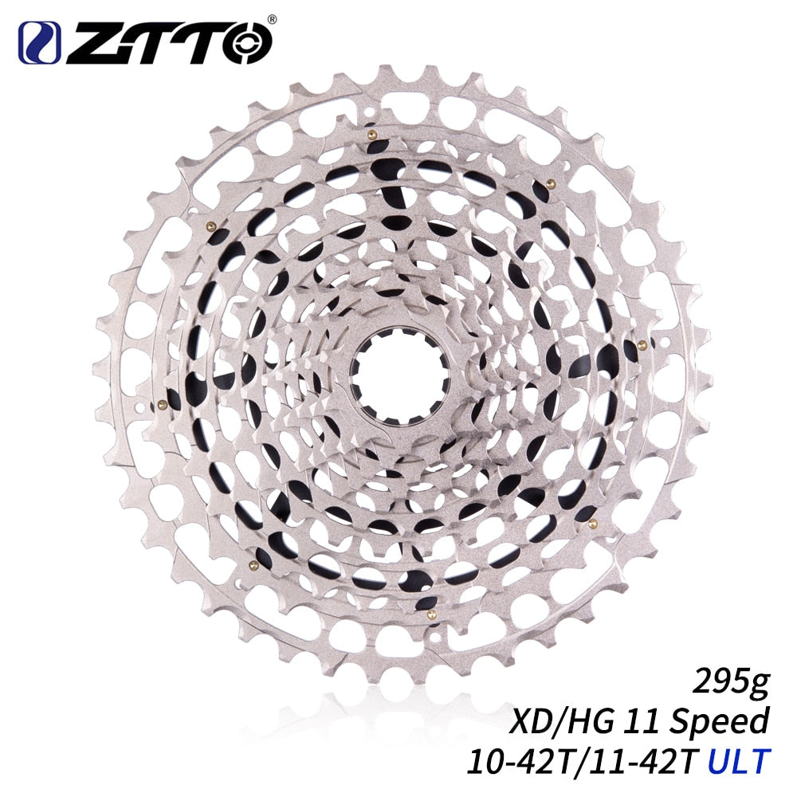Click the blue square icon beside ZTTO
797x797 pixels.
click(38, 43)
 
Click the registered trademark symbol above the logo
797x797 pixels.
click(272, 19)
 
